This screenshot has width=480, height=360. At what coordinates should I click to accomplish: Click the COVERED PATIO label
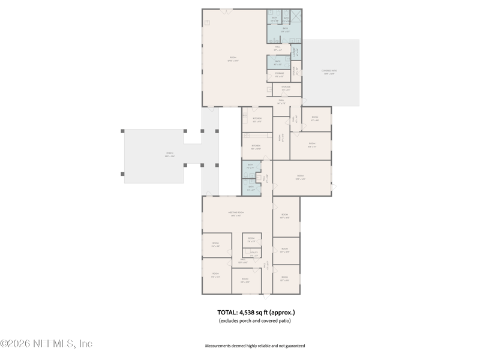click(329, 73)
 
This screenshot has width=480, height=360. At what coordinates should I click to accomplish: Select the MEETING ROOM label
click(236, 214)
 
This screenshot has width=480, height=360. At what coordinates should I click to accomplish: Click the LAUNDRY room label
click(296, 52)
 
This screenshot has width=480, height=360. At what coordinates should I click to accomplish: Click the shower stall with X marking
click(295, 16)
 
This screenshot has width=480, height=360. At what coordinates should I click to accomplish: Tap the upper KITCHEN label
click(257, 119)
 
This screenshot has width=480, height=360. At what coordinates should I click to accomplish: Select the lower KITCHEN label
click(256, 146)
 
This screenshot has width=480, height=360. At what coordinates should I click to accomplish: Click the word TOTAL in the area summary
click(227, 312)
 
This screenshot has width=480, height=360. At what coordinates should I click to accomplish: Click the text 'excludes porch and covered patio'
click(255, 322)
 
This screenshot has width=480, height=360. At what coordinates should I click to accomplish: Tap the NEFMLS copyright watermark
click(47, 344)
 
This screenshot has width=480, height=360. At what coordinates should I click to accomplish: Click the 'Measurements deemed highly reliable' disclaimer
click(255, 346)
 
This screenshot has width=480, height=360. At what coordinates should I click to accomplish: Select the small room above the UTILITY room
click(251, 240)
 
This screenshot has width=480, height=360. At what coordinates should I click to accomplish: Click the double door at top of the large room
click(226, 9)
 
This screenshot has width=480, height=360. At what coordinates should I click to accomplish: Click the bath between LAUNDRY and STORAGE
click(278, 62)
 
